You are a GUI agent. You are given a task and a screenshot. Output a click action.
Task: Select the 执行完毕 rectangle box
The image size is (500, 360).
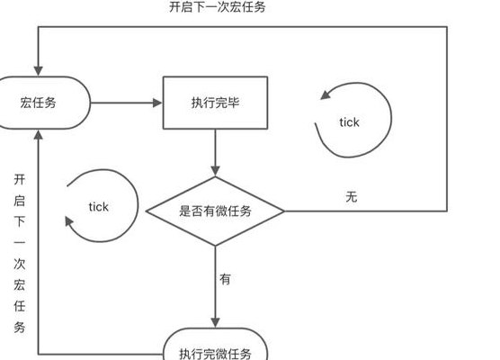pyautogui.click(x=215, y=103)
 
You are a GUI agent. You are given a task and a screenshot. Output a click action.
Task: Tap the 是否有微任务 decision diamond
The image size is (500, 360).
pyautogui.click(x=215, y=211)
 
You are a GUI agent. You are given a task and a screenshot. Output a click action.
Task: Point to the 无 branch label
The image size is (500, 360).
pyautogui.click(x=352, y=196)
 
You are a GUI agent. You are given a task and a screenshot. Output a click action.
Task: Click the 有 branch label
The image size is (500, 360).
pyautogui.click(x=225, y=279)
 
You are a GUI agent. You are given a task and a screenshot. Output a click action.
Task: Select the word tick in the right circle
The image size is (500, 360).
pyautogui.click(x=349, y=122)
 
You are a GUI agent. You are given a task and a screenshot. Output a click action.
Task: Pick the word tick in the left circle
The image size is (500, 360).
pyautogui.click(x=99, y=207)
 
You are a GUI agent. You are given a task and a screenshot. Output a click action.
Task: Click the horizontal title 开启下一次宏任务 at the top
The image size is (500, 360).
pyautogui.click(x=217, y=7)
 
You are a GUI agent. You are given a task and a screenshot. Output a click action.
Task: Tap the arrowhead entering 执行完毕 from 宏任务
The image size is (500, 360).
pyautogui.click(x=157, y=103)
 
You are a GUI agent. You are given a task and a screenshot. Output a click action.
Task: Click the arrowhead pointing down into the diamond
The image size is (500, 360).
pyautogui.click(x=215, y=171)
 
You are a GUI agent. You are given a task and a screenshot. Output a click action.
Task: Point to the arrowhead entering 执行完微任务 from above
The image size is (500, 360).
pyautogui.click(x=215, y=323)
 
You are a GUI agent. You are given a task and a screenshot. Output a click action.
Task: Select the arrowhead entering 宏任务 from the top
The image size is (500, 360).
pyautogui.click(x=39, y=71)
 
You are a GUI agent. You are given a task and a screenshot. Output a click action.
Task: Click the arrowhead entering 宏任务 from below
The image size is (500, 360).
pyautogui.click(x=39, y=135)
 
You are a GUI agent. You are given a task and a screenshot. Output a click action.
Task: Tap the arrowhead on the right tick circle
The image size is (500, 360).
pyautogui.click(x=326, y=94)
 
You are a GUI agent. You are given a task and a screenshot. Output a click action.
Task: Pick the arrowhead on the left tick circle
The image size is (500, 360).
pyautogui.click(x=69, y=221)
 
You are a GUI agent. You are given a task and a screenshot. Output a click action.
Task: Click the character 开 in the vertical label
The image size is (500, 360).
pyautogui.click(x=20, y=179)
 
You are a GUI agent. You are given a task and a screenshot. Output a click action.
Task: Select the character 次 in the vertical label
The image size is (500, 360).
pyautogui.click(x=20, y=264)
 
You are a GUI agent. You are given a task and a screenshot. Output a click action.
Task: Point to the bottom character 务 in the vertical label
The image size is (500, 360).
pyautogui.click(x=20, y=327)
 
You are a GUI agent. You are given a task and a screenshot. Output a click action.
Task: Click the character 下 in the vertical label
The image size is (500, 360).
pyautogui.click(x=20, y=221)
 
